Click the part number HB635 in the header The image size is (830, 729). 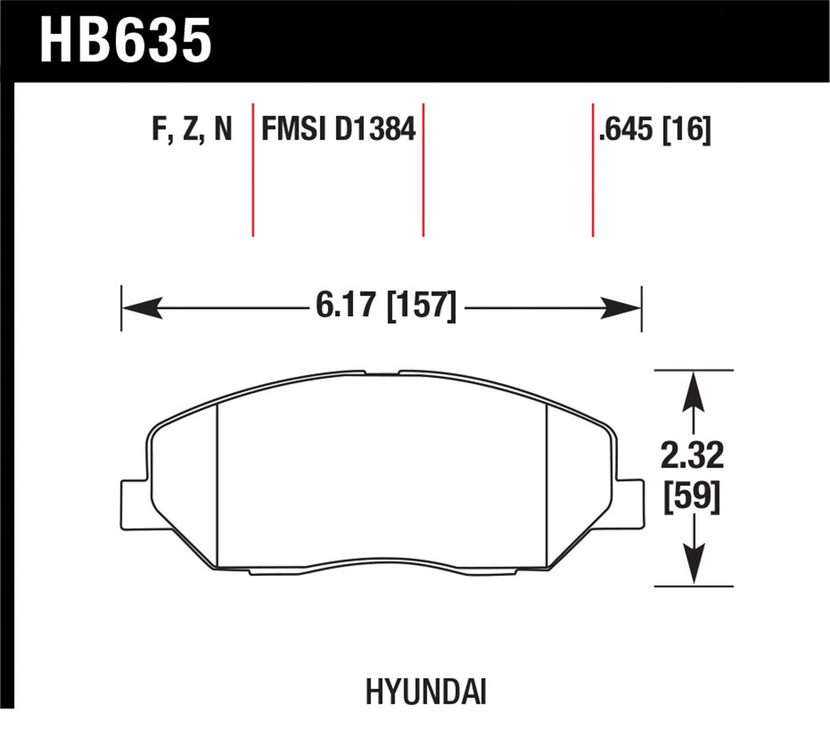click(x=126, y=40)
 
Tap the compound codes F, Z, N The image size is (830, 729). click(x=191, y=129)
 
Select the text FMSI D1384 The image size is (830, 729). click(x=338, y=129)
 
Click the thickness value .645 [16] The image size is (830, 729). click(x=655, y=129)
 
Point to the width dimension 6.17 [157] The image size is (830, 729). click(x=386, y=306)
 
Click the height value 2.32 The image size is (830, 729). click(x=692, y=455)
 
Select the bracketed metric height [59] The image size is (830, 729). click(x=692, y=496)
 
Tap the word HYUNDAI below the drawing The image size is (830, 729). click(x=426, y=692)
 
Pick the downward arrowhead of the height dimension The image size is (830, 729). click(x=693, y=564)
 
